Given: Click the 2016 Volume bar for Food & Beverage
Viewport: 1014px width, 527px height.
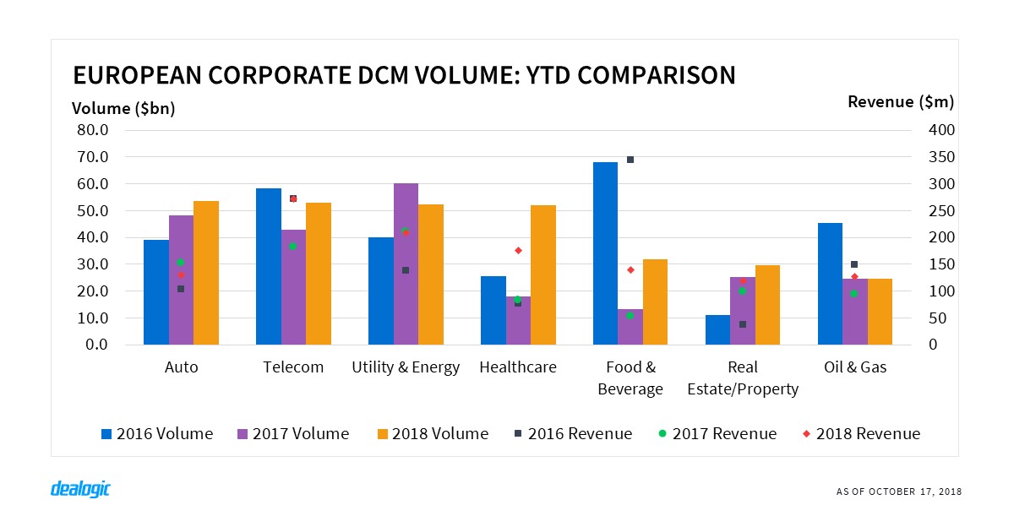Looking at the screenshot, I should pos(605,253).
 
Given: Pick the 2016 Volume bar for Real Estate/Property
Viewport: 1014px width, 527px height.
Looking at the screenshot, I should pos(717,329).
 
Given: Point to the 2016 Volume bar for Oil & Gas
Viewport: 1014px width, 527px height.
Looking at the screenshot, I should pos(830,284).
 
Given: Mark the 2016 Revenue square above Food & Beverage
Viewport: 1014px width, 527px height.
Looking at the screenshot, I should pos(630,160).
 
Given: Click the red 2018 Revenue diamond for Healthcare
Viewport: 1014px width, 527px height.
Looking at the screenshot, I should pos(518,251).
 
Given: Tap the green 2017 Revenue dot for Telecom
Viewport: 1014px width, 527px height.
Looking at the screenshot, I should pos(293,247).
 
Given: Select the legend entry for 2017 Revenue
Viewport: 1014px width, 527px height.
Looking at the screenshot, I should pos(717,434).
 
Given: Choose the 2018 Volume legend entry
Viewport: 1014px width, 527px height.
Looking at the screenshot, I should pos(432,434).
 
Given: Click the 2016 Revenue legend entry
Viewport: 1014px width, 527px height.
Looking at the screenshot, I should pos(574,434).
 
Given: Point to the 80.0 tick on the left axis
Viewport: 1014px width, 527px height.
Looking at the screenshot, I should pos(92,130).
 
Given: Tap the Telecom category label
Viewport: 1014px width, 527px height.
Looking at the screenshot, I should pos(293,367).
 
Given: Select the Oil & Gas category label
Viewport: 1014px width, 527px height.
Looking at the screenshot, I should pos(855,367).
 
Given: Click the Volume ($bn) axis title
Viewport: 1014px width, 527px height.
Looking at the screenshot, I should pos(123,108).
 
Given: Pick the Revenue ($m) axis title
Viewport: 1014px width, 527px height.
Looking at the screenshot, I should pos(901,102).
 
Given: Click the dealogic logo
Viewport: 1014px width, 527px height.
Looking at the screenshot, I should pos(80,489).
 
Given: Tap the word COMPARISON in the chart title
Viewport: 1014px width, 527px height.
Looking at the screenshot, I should pos(630,75).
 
